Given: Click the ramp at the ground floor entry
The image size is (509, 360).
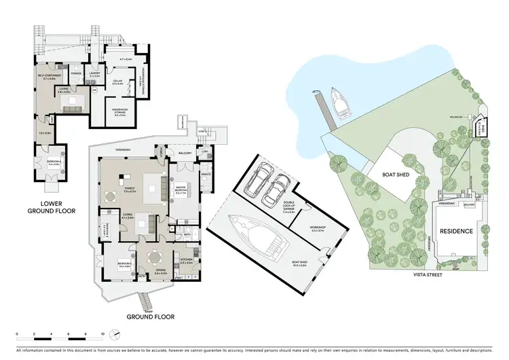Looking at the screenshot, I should pos(145,299).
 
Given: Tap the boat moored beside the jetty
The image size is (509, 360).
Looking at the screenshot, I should pos(339,101).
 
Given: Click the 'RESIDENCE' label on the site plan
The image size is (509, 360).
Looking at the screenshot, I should pos(456,231).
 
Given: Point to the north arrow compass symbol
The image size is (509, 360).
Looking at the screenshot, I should pos(116,334).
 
